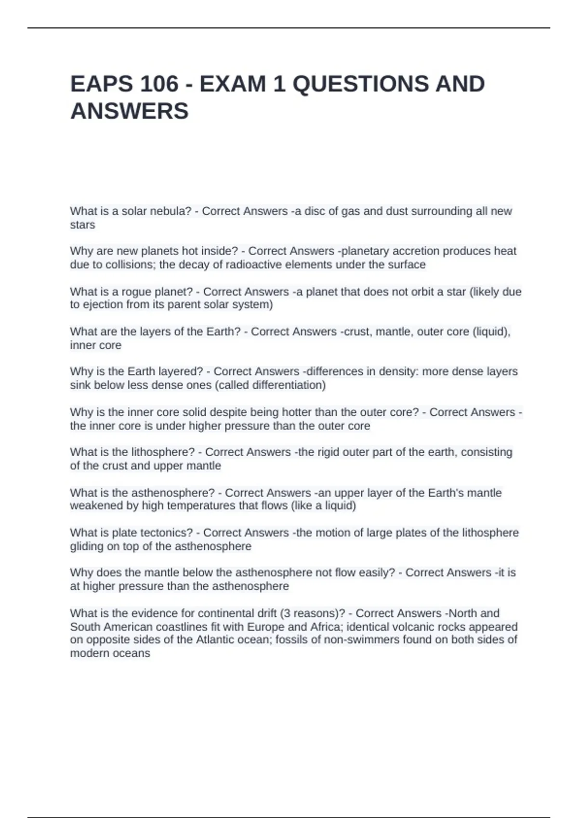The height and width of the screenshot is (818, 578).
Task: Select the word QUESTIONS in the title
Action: coord(360,84)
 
